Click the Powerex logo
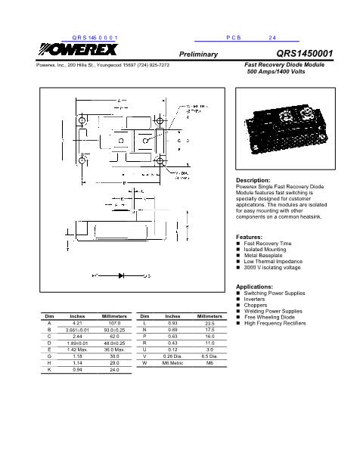click(74, 52)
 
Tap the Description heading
click(253, 181)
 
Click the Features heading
click(250, 237)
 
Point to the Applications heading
click(255, 287)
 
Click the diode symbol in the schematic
click(120, 276)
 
